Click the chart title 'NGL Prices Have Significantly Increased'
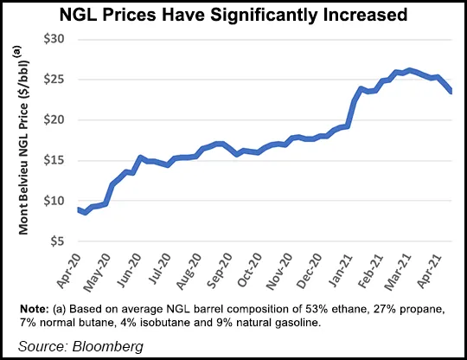tap(233, 15)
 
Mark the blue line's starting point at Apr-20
tap(78, 209)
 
